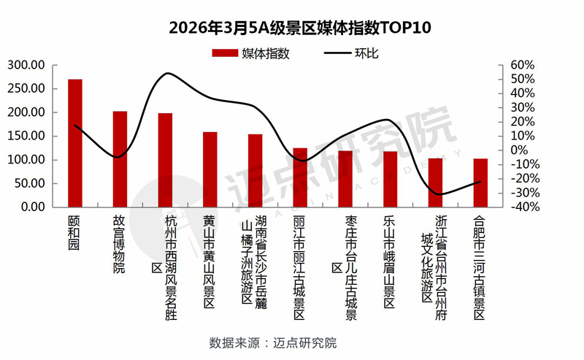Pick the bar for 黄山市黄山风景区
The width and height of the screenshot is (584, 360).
click(x=210, y=169)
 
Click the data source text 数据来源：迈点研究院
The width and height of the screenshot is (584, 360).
click(x=273, y=342)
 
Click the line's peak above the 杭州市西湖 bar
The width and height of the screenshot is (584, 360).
click(x=167, y=73)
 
